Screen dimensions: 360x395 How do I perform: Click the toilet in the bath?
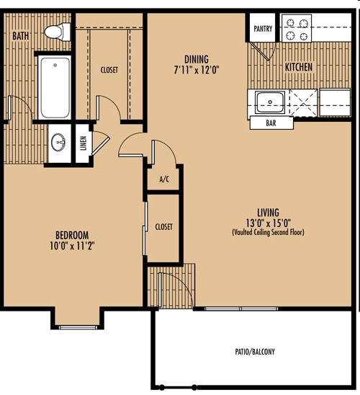click(x=58, y=32)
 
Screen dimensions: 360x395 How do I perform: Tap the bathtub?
click(x=55, y=87)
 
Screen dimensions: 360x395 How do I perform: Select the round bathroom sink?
click(x=58, y=143)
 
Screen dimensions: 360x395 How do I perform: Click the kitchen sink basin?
click(x=270, y=102)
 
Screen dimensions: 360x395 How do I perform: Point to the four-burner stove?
click(x=297, y=28)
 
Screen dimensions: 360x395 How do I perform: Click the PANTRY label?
click(x=263, y=29)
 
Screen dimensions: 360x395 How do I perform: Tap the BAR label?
click(x=271, y=123)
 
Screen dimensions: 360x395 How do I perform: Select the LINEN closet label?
click(x=84, y=143)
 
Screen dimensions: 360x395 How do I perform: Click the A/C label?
click(x=164, y=179)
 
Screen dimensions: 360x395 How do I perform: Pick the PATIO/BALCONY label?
click(x=255, y=352)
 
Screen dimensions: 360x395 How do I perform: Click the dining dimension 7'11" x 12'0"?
click(x=197, y=70)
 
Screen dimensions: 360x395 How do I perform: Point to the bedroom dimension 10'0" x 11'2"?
click(x=72, y=246)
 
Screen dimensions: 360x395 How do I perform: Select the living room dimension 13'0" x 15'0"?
click(x=268, y=223)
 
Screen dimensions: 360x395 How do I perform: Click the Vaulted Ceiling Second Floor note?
click(x=268, y=232)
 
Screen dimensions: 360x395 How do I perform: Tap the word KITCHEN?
click(x=299, y=67)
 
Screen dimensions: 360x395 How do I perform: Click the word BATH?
click(x=21, y=36)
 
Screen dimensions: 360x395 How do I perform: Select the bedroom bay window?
click(x=78, y=327)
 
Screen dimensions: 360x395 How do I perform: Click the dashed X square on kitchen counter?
click(x=304, y=103)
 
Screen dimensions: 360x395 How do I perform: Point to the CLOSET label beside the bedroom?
click(x=163, y=227)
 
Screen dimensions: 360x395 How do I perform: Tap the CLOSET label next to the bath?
click(x=109, y=70)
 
